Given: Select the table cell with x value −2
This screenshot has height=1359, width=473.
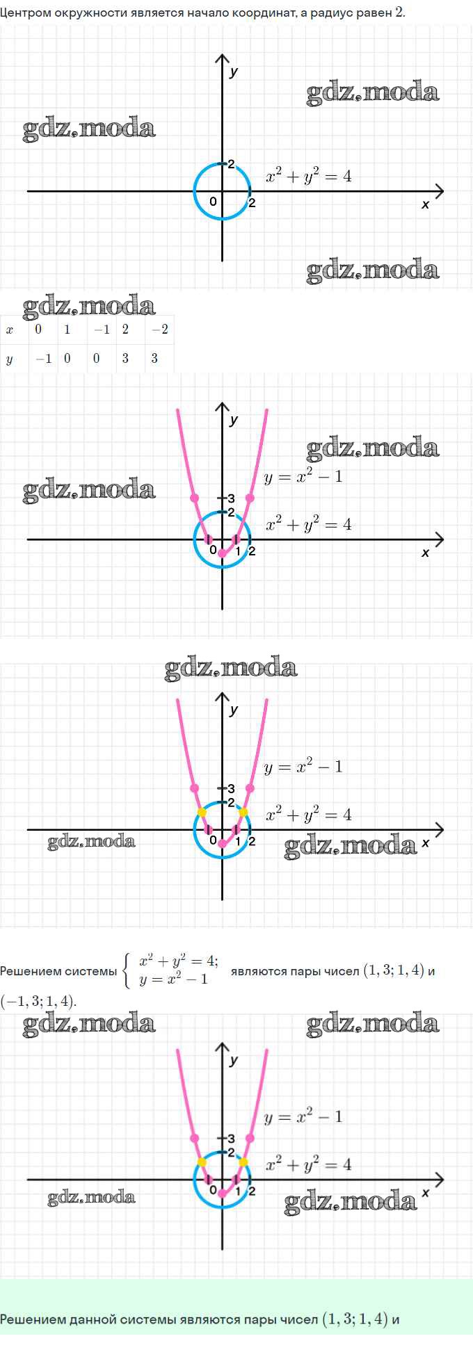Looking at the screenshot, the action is [160, 329].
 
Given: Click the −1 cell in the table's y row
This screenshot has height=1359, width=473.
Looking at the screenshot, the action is [44, 359].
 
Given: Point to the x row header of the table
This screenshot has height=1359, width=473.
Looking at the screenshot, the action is [10, 329].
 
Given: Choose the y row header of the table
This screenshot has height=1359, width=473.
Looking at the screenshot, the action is [10, 359].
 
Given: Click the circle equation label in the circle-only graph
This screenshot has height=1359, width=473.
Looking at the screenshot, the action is [308, 176].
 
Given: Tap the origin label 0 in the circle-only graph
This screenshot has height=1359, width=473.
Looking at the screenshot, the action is [213, 202].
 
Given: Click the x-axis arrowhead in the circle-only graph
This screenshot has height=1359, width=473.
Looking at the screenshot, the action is [439, 191].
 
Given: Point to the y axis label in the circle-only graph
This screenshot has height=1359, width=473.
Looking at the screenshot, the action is [234, 71].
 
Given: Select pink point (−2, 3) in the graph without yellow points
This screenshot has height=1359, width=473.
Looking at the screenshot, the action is [195, 498].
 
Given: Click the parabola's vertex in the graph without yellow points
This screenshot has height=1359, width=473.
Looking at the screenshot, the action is [223, 553].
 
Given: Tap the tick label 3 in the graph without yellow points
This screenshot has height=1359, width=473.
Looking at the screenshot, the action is [232, 498].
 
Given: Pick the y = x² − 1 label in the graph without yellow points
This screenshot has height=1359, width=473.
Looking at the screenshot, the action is [303, 477].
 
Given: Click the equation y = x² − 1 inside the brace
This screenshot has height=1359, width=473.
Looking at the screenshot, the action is [173, 979].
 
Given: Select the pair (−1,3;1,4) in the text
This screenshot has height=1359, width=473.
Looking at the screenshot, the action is [38, 1001].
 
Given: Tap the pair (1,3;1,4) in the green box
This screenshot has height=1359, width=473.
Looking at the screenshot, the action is [355, 1319].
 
